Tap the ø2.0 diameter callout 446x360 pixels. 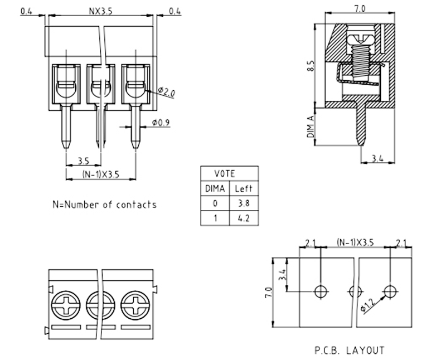click(166, 93)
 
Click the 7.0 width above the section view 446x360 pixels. click(360, 9)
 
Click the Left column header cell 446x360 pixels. click(244, 189)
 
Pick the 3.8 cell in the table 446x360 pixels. click(244, 203)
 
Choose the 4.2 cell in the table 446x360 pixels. click(244, 218)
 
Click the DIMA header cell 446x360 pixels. click(215, 189)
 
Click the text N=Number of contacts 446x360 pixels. click(104, 204)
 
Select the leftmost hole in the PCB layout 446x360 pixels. click(321, 291)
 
